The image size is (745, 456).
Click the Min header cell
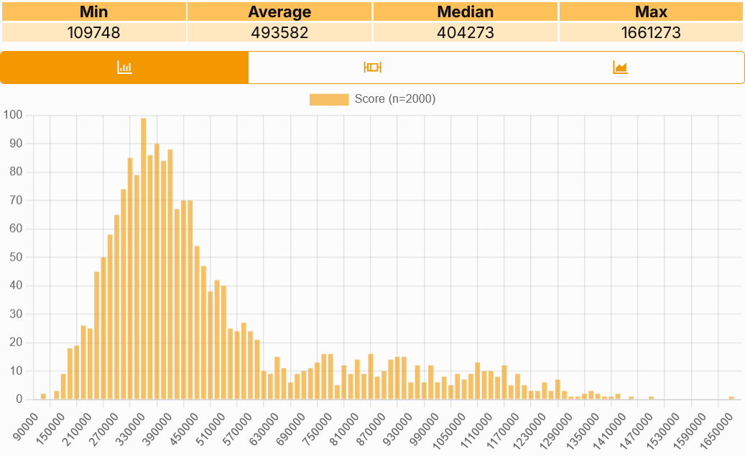94,11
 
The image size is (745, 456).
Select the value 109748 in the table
94,32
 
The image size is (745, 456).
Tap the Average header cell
279,11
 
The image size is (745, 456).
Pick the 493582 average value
279,32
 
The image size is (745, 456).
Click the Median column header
465,11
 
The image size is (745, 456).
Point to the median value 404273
465,32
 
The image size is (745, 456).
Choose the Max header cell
651,11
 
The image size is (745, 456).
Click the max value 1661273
651,32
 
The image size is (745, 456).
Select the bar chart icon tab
124,68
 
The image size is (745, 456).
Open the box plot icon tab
372,68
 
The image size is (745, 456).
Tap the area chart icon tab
620,68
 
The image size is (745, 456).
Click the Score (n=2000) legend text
394,99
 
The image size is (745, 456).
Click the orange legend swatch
329,99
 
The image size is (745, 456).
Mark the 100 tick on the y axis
13,115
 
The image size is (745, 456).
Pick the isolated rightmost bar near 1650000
731,398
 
